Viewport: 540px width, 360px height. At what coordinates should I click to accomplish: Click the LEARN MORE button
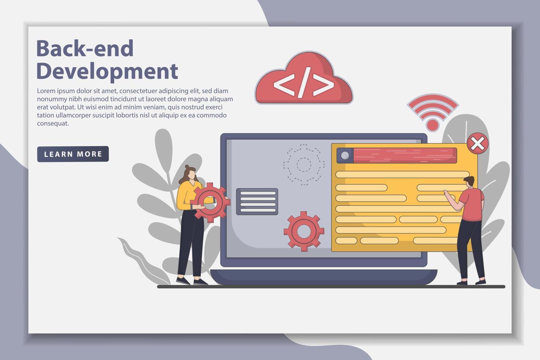point(73,154)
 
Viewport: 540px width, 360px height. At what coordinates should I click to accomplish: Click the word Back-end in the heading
point(85,48)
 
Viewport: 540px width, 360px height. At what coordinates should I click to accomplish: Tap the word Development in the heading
point(107,71)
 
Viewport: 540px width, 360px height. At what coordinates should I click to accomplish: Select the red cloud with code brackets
point(304,79)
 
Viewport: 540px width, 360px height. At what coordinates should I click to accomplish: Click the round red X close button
point(478,144)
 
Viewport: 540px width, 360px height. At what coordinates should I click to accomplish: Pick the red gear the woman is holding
point(210,202)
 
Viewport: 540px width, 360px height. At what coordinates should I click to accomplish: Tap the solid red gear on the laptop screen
point(304,231)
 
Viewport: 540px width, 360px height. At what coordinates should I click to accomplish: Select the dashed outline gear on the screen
point(304,164)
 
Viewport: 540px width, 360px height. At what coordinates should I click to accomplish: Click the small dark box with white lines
point(257,201)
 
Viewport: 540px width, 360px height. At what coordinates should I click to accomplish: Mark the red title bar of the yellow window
point(404,155)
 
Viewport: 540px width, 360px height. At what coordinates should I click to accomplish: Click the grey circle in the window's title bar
point(345,155)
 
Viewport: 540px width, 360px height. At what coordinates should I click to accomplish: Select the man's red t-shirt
point(472,204)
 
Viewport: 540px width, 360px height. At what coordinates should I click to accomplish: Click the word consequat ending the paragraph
point(53,123)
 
